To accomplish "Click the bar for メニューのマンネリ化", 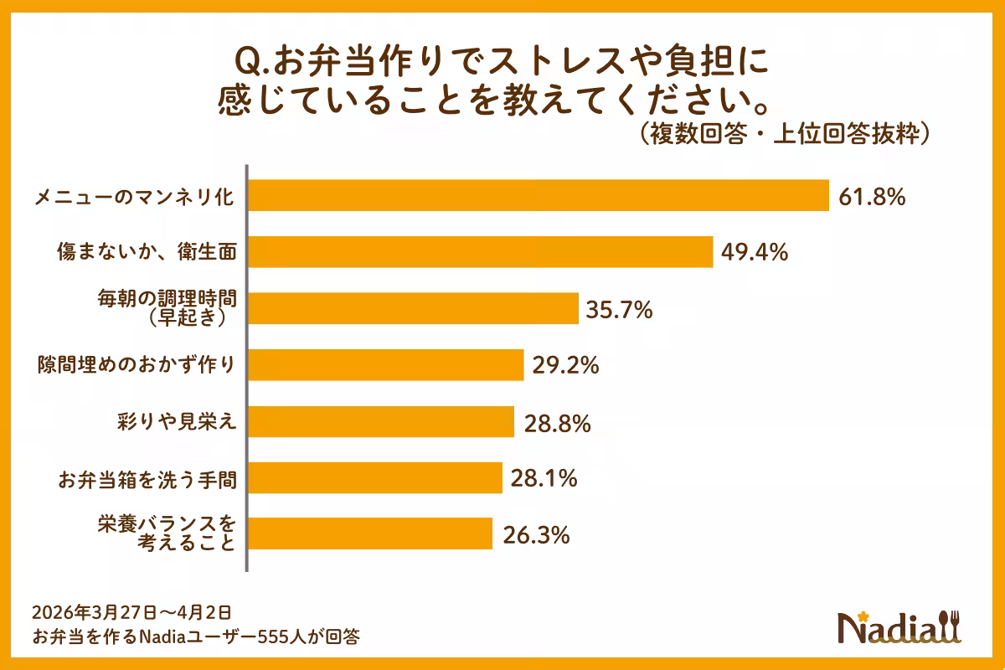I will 539,196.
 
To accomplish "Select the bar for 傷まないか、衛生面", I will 481,252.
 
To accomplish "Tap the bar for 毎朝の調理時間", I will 414,308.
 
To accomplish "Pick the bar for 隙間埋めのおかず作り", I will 386,365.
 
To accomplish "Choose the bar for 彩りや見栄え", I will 381,421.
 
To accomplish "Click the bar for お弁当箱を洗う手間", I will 375,477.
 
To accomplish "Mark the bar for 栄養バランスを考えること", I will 370,533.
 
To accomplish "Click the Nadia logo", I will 900,626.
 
